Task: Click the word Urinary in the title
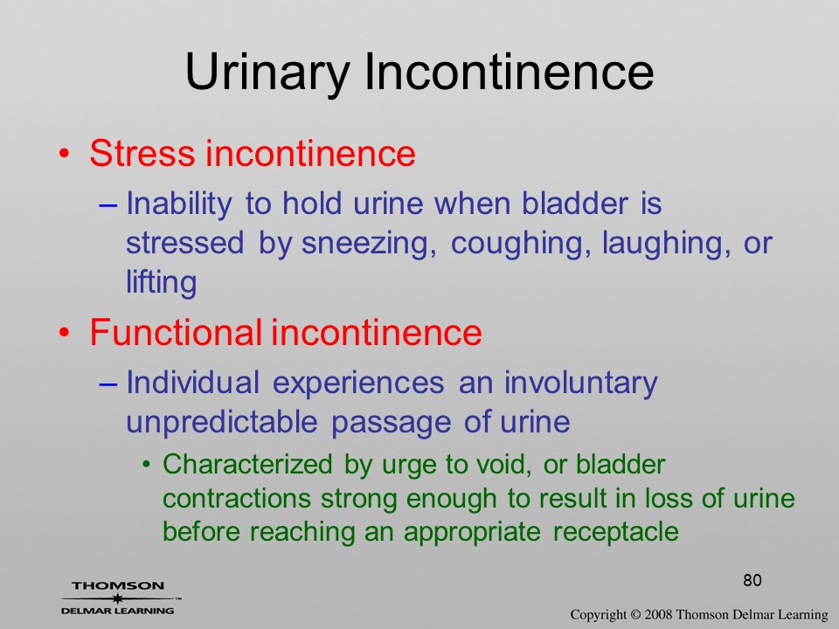point(267,73)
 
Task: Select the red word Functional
point(176,332)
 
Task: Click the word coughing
point(521,244)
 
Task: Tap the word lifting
point(162,282)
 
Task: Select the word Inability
point(179,204)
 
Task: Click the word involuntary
point(580,383)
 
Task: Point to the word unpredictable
point(222,423)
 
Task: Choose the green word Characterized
point(247,464)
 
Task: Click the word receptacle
point(616,532)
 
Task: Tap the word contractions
point(237,499)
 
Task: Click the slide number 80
point(752,580)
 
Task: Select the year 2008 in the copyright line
point(658,614)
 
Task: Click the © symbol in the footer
point(635,614)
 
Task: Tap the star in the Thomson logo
point(116,598)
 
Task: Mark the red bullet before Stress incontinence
point(64,155)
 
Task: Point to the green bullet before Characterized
point(147,465)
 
